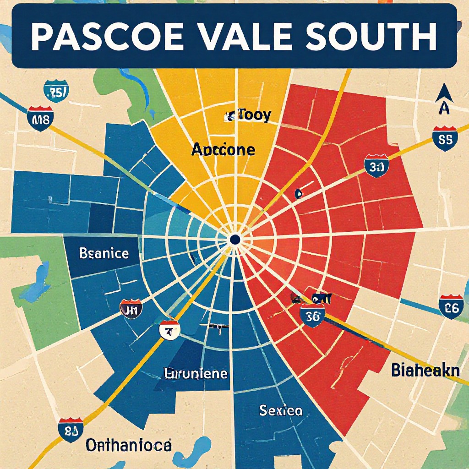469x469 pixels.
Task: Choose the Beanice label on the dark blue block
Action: click(104, 253)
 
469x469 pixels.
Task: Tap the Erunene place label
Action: click(196, 373)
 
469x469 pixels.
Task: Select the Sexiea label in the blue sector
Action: click(281, 410)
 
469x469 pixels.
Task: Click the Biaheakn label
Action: click(425, 370)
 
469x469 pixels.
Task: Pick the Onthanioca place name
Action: click(129, 444)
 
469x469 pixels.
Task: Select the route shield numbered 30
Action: click(376, 166)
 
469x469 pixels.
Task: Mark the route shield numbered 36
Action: click(313, 316)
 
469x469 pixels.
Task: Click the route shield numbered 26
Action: click(451, 307)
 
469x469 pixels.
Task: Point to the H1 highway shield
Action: click(131, 309)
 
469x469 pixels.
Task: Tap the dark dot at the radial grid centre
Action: click(235, 239)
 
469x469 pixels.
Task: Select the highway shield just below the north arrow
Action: click(445, 138)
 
